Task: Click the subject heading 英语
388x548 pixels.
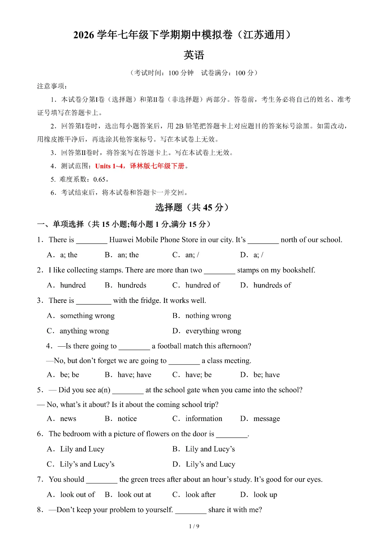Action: (194, 55)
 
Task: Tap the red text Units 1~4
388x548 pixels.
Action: (109, 166)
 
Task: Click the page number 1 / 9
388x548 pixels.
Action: (194, 526)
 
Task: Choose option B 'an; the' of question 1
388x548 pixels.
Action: (128, 255)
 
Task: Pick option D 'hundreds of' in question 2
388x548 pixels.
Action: (272, 285)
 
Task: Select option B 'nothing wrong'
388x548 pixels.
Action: (208, 316)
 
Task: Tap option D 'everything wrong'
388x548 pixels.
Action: (213, 331)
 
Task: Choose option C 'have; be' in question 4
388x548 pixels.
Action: (198, 375)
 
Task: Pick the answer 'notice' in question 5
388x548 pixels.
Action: (127, 419)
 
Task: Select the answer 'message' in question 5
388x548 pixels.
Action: (267, 419)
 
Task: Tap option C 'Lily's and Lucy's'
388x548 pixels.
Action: (87, 464)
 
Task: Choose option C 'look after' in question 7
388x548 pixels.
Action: (200, 495)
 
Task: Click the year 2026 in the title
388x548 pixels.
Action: (84, 35)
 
